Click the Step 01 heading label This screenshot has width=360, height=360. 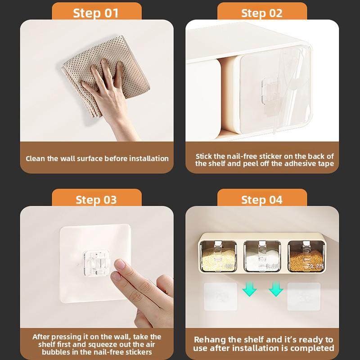[96, 13]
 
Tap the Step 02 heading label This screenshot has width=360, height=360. [262, 13]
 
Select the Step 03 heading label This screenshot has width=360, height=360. [96, 200]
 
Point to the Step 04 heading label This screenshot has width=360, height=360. [262, 200]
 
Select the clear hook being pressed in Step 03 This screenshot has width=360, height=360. [96, 263]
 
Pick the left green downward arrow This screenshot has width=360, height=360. [249, 289]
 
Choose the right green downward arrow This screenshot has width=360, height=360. [276, 289]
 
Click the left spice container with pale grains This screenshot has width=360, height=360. [218, 256]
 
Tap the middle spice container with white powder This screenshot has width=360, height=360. [262, 256]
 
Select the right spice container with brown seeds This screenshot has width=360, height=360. [306, 256]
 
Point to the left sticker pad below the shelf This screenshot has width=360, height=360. [220, 297]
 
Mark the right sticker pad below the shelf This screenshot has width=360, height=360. [304, 297]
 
